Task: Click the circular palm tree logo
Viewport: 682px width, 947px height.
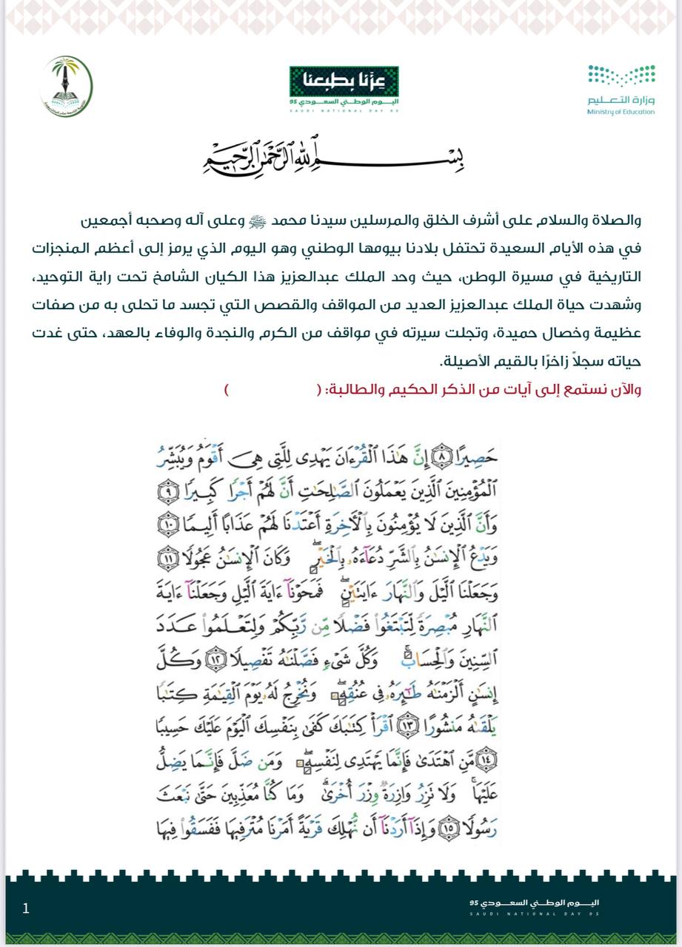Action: coord(66,87)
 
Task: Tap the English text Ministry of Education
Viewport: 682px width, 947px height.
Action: coord(621,112)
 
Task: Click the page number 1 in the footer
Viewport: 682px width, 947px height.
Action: coord(26,908)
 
